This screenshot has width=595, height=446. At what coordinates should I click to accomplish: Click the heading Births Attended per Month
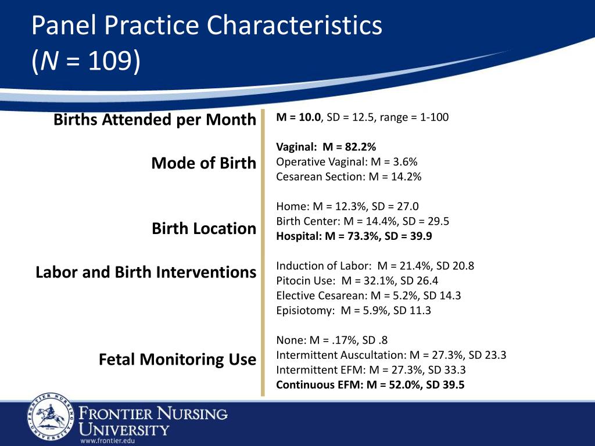(x=155, y=120)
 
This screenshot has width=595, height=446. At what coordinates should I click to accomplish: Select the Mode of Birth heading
(x=204, y=163)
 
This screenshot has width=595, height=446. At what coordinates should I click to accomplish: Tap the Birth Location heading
(x=204, y=229)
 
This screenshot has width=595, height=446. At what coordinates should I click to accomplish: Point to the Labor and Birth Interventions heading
(x=146, y=272)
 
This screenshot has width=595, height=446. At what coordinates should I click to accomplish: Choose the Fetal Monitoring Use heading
(x=178, y=359)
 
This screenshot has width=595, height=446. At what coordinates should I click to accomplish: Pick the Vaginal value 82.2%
(x=360, y=147)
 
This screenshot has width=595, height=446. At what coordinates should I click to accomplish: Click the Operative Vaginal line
(x=347, y=162)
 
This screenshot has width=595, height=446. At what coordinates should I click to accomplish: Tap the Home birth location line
(x=347, y=206)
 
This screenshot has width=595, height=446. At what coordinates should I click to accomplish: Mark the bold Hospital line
(x=354, y=236)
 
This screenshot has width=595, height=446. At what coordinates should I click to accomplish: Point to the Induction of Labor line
(x=375, y=266)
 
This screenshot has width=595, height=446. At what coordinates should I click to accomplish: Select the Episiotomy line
(x=354, y=311)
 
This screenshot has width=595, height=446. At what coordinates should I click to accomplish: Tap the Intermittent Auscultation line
(x=391, y=355)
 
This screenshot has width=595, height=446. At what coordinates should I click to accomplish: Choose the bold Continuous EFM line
(x=370, y=385)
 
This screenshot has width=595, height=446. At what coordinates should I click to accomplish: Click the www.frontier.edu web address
(x=107, y=441)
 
